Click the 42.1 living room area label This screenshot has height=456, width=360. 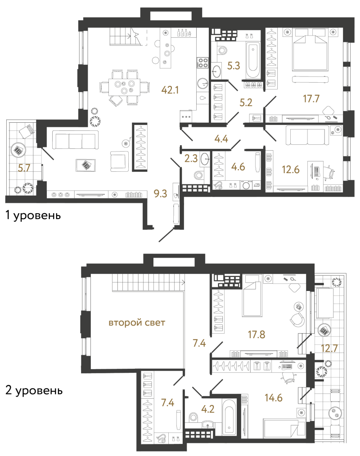click(x=170, y=90)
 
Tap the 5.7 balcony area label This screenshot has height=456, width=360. click(x=24, y=168)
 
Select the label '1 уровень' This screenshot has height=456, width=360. click(x=33, y=215)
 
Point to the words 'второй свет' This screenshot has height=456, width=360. click(x=137, y=322)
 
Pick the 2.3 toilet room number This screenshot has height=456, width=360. click(x=191, y=158)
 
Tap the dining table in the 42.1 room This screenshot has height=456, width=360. click(x=124, y=87)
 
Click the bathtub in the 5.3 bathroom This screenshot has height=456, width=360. click(x=252, y=61)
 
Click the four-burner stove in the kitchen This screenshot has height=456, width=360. click(x=203, y=63)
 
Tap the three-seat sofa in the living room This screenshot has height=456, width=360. click(x=75, y=140)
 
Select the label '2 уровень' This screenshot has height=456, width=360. click(x=34, y=390)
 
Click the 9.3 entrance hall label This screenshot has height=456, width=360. click(x=160, y=193)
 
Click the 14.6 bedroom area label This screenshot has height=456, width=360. click(x=274, y=398)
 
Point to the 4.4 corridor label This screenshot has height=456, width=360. click(x=221, y=139)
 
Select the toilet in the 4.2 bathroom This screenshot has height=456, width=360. click(x=193, y=417)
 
